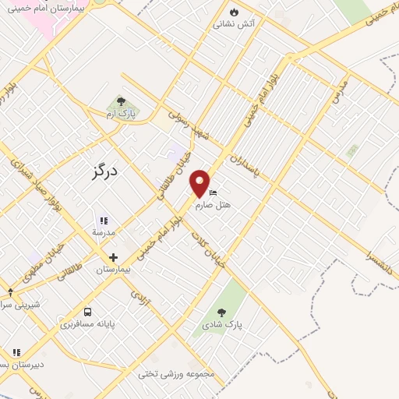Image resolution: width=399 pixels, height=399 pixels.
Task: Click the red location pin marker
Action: [200, 182]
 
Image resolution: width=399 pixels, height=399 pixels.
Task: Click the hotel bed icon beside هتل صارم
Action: [214, 194]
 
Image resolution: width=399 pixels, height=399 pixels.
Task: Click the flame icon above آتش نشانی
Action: [235, 13]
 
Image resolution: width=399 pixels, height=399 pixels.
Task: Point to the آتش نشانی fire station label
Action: [235, 24]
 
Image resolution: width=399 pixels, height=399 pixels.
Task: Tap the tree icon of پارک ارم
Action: [121, 101]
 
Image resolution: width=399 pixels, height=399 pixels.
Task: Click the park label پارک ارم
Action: [121, 114]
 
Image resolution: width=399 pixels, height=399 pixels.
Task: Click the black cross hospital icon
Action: [113, 257]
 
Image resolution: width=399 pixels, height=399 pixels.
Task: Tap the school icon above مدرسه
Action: [104, 221]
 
